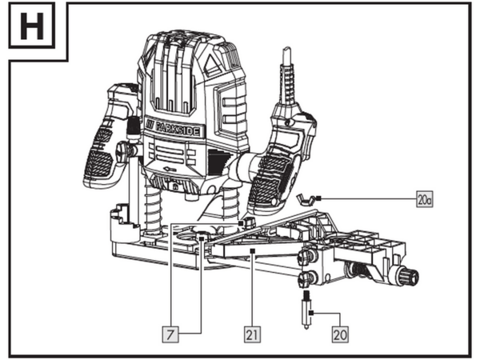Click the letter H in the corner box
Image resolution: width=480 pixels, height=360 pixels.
pyautogui.click(x=32, y=26)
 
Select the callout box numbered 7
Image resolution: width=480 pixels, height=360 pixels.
pyautogui.click(x=170, y=334)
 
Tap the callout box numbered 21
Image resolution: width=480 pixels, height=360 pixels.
pyautogui.click(x=252, y=334)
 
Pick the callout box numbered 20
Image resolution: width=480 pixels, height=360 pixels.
pyautogui.click(x=340, y=334)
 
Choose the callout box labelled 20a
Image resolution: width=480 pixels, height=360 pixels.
pyautogui.click(x=425, y=199)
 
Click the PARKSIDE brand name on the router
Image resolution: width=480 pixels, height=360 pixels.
pyautogui.click(x=178, y=129)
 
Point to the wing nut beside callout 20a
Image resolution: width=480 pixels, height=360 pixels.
pyautogui.click(x=307, y=199)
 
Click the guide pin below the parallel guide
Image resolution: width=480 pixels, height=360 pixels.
pyautogui.click(x=306, y=310)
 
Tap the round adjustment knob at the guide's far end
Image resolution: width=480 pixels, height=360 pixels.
pyautogui.click(x=410, y=276)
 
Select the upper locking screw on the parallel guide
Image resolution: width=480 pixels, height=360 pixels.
pyautogui.click(x=307, y=256)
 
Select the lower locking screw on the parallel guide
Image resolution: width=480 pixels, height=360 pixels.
pyautogui.click(x=306, y=278)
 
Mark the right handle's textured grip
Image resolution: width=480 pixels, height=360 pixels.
pyautogui.click(x=270, y=181)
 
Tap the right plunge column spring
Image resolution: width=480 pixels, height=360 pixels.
pyautogui.click(x=230, y=205)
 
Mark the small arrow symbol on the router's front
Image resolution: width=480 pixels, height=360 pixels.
pyautogui.click(x=168, y=169)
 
